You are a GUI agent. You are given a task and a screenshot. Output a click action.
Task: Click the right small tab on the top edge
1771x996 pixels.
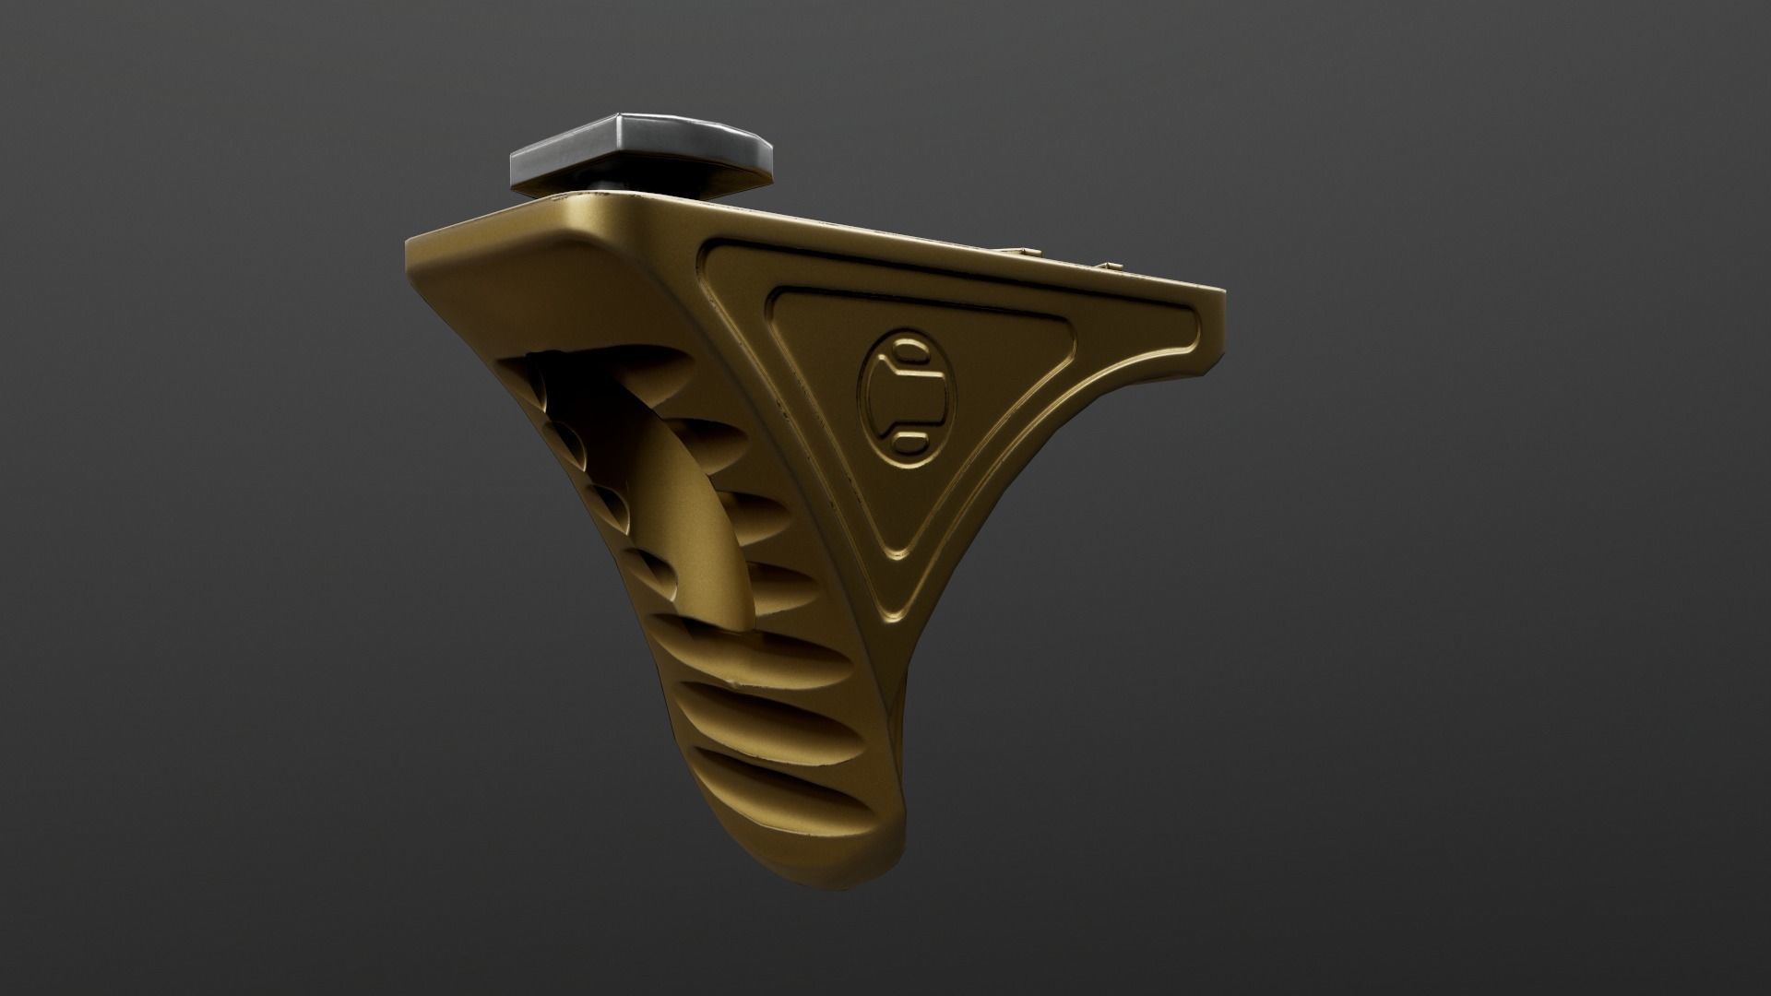[1111, 266]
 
